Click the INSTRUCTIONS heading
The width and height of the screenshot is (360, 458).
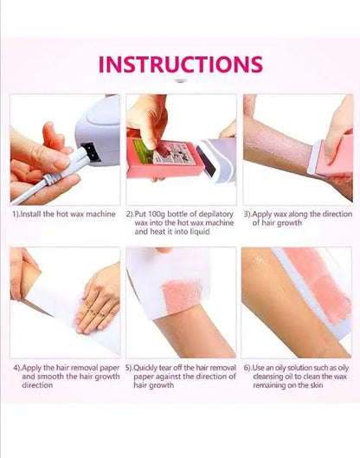click(180, 65)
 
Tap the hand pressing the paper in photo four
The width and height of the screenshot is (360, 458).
click(98, 303)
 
